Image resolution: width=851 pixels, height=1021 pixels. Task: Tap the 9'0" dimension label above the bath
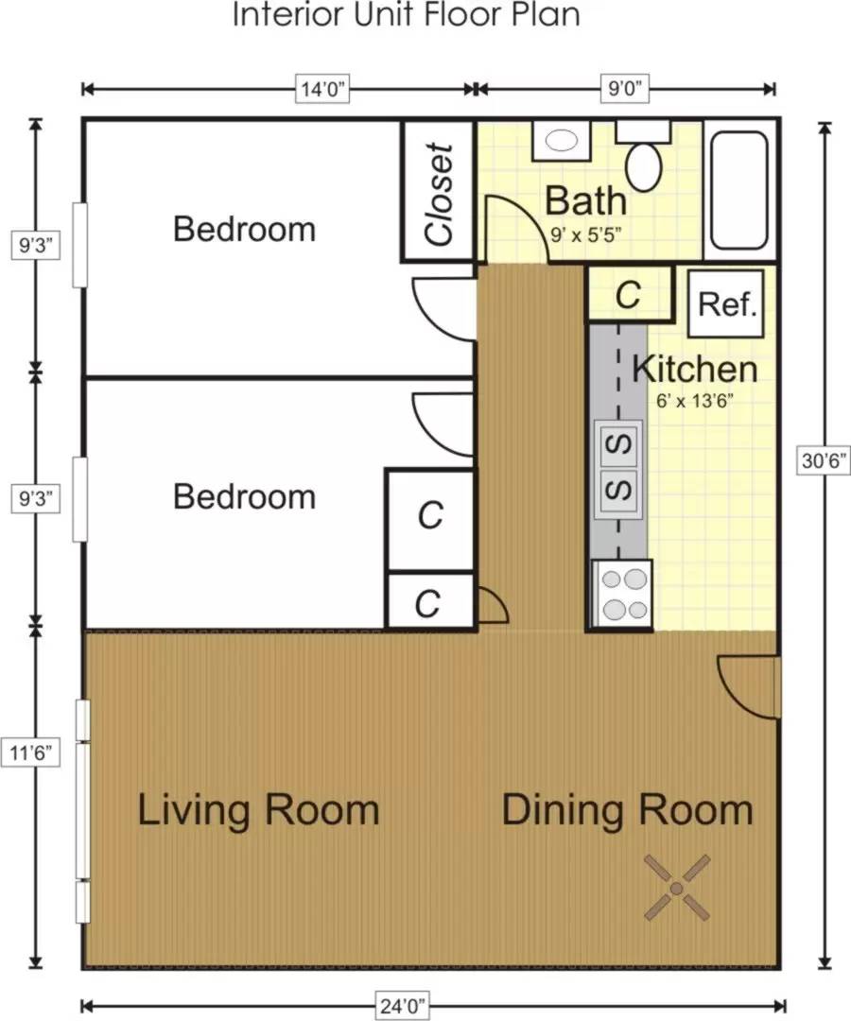[x=625, y=89]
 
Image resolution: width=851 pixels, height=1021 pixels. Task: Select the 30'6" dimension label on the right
[x=825, y=461]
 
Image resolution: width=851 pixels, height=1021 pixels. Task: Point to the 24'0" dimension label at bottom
[x=403, y=1007]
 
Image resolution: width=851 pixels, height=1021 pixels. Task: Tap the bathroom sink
[x=562, y=141]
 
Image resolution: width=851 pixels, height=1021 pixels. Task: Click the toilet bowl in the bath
[x=644, y=165]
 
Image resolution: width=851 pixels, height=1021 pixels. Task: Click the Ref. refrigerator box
[x=726, y=303]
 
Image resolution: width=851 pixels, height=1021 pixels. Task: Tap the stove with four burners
[x=621, y=595]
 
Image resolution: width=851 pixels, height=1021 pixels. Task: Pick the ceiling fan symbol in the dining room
[x=677, y=888]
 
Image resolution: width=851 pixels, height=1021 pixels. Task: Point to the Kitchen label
[x=695, y=370]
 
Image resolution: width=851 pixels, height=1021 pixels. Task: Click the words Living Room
[x=258, y=811]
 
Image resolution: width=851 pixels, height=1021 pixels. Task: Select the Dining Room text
[x=627, y=811]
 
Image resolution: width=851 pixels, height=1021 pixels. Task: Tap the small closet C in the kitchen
[x=629, y=294]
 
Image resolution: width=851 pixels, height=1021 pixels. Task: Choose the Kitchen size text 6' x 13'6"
[x=695, y=401]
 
